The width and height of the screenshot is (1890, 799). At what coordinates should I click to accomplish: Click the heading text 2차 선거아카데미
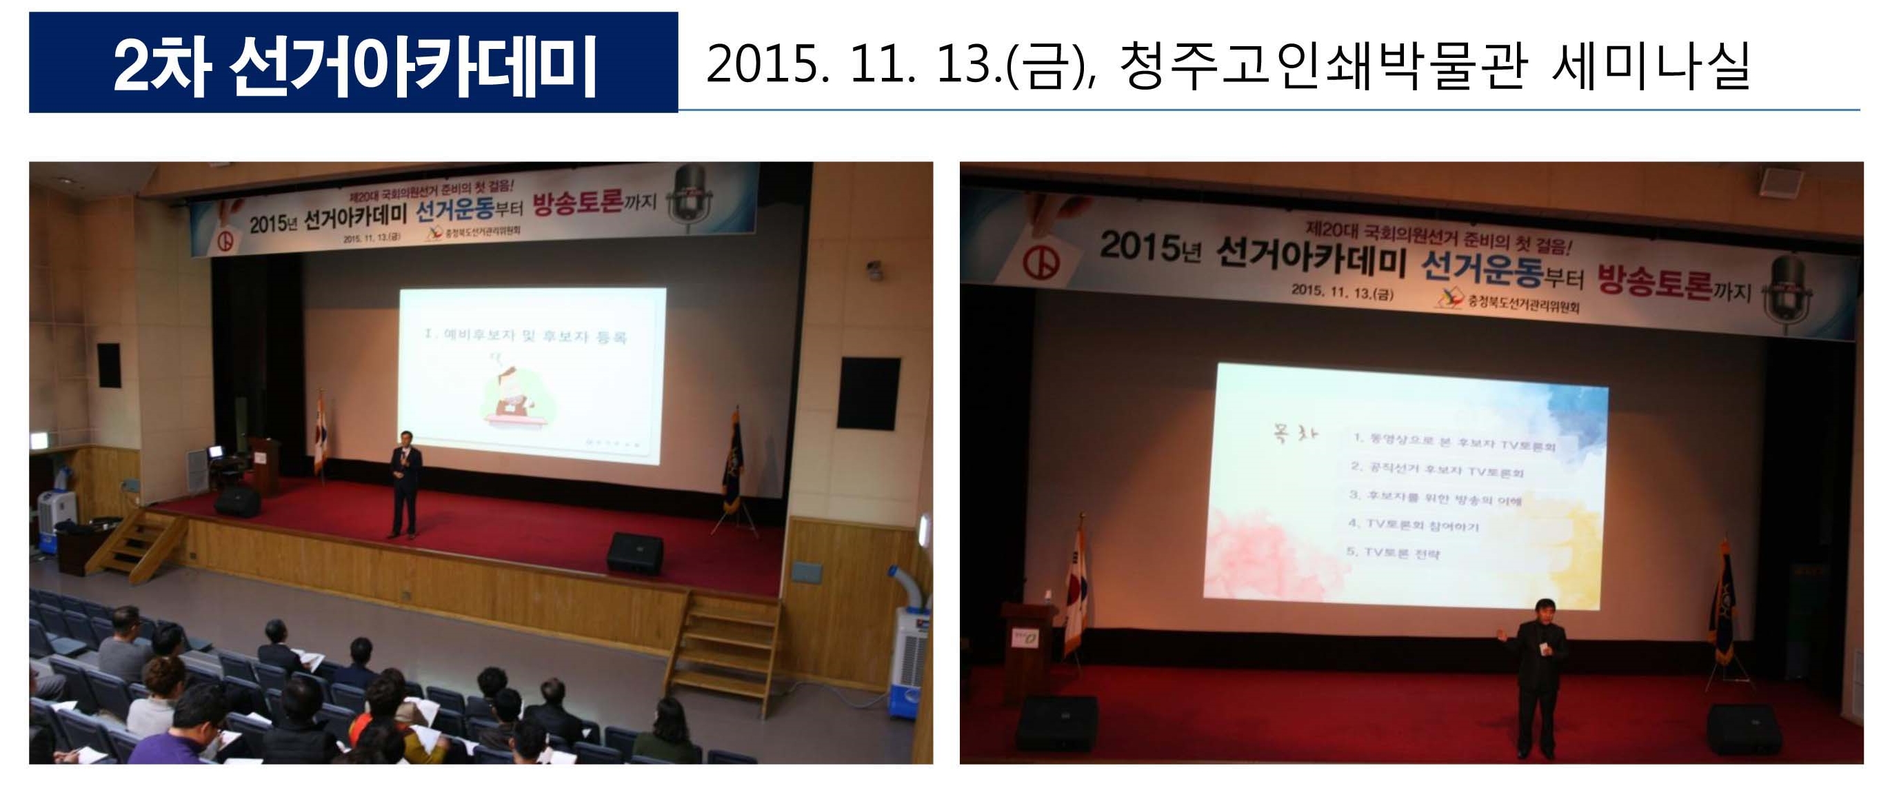click(354, 65)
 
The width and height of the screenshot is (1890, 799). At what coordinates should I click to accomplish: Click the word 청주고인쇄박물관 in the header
click(1325, 65)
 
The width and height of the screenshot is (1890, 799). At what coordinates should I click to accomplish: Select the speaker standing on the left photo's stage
click(405, 484)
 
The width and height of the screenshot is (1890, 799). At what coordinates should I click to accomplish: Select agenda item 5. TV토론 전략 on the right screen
click(1394, 552)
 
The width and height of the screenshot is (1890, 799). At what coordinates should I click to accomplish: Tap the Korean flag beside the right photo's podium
click(1076, 587)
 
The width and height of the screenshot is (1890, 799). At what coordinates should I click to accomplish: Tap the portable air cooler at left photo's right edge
click(909, 646)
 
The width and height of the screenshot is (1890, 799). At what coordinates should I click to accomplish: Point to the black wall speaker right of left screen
click(869, 393)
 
